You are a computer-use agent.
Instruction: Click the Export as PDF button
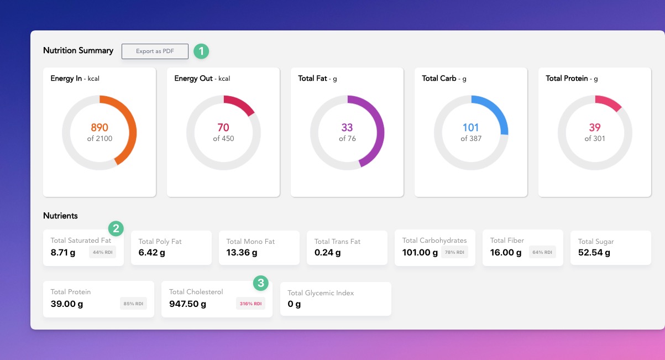[x=155, y=51]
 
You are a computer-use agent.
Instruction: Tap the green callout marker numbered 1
[x=201, y=51]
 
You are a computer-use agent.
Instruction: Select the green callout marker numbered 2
[x=116, y=228]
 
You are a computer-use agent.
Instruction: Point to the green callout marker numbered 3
[x=261, y=283]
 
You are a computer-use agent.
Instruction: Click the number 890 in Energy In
[x=100, y=128]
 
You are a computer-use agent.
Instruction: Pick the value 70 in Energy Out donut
[x=223, y=128]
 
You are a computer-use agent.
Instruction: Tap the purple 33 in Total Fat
[x=347, y=128]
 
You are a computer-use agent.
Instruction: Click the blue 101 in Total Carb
[x=471, y=128]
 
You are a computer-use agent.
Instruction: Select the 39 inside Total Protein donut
[x=595, y=128]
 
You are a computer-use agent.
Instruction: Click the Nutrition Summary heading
[x=78, y=50]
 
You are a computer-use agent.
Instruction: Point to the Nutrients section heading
[x=60, y=216]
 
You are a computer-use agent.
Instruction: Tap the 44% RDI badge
[x=103, y=252]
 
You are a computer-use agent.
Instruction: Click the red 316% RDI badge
[x=250, y=304]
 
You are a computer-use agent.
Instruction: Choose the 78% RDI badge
[x=454, y=252]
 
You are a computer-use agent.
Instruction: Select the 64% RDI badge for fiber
[x=542, y=252]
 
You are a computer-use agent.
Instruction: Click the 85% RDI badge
[x=133, y=304]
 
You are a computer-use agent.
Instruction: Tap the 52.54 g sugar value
[x=594, y=253]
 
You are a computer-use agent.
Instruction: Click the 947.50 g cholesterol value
[x=187, y=304]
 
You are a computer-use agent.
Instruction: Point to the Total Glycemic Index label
[x=321, y=293]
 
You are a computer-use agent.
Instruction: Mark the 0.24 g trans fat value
[x=327, y=253]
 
